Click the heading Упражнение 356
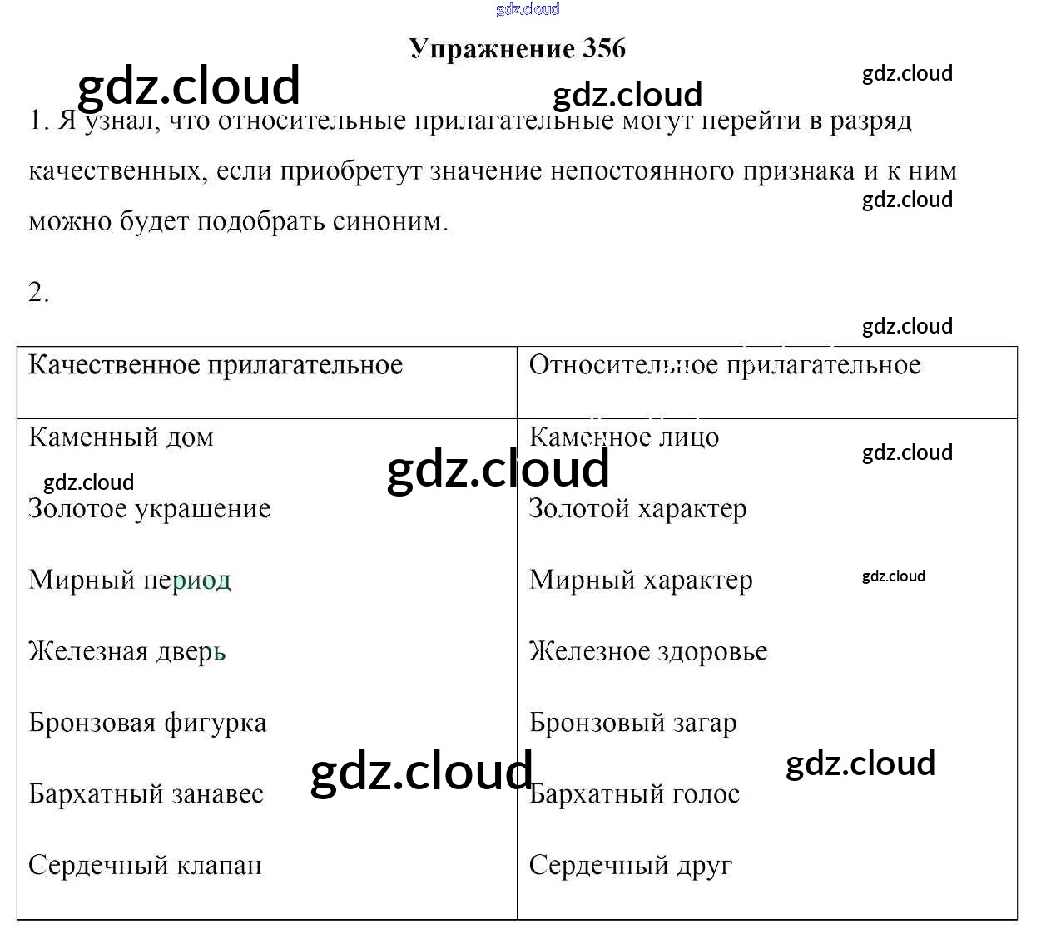tap(517, 49)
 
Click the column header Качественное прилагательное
tap(216, 365)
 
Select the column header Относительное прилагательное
tap(725, 365)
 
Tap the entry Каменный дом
tap(121, 437)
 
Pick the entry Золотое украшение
tap(150, 508)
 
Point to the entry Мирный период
tap(130, 580)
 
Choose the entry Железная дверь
tap(127, 651)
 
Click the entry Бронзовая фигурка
tap(147, 723)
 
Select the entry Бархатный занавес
tap(146, 794)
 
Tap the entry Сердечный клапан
tap(145, 866)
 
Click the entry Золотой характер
tap(637, 508)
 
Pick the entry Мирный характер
tap(641, 580)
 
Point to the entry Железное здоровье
tap(648, 651)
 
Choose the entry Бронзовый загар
tap(632, 723)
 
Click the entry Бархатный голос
tap(634, 794)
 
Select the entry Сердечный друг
tap(631, 866)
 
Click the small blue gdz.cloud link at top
tap(528, 9)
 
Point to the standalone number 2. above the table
tap(38, 293)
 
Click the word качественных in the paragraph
tap(117, 171)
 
